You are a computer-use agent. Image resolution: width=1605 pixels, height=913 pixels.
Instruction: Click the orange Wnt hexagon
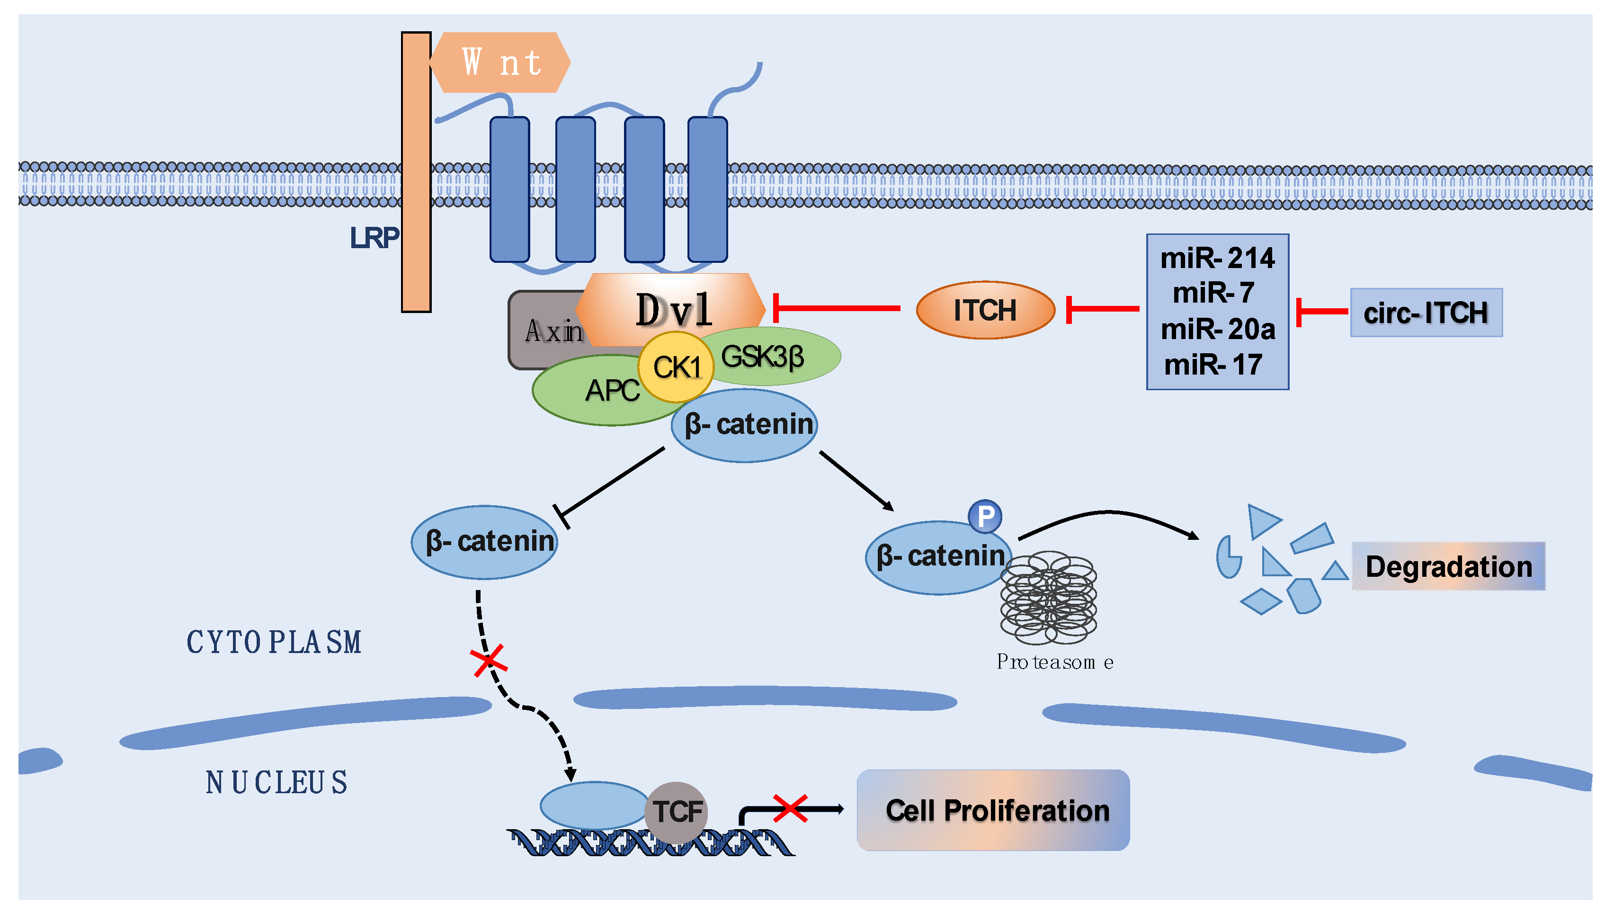pyautogui.click(x=500, y=62)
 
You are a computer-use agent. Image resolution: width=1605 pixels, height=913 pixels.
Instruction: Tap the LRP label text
pyautogui.click(x=374, y=238)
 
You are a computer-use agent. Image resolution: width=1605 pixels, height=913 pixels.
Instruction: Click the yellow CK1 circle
pyautogui.click(x=676, y=367)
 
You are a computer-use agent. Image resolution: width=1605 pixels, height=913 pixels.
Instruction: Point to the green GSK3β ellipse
pyautogui.click(x=776, y=356)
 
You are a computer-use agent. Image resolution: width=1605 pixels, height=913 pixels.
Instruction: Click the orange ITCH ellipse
pyautogui.click(x=985, y=310)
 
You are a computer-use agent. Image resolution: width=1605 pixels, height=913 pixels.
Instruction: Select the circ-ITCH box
pyautogui.click(x=1426, y=312)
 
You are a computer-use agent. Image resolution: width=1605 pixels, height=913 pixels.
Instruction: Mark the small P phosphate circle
pyautogui.click(x=985, y=517)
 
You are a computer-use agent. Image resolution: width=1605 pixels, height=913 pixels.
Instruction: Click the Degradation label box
pyautogui.click(x=1448, y=566)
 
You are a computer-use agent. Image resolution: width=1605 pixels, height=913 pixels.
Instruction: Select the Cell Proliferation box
pyautogui.click(x=994, y=810)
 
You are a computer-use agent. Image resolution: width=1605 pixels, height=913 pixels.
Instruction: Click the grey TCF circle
pyautogui.click(x=677, y=812)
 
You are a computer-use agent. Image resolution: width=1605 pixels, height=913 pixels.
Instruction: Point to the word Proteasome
pyautogui.click(x=1055, y=662)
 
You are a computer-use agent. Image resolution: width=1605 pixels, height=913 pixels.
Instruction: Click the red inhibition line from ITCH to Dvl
pyautogui.click(x=837, y=308)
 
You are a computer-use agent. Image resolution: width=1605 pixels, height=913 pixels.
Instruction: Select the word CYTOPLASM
pyautogui.click(x=274, y=642)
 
